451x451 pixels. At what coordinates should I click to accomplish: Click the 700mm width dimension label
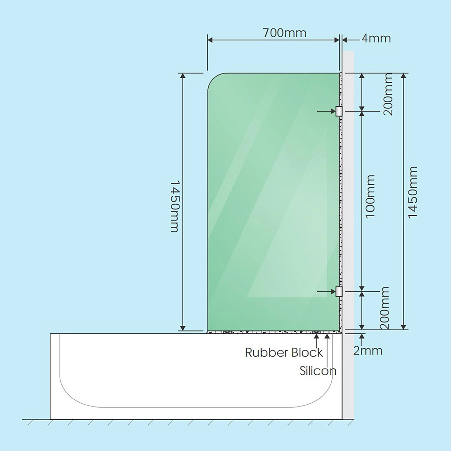[284, 33]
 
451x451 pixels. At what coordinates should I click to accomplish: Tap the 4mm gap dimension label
[376, 38]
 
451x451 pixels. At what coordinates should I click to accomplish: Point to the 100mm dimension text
[370, 197]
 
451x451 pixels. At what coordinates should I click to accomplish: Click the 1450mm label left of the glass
[175, 206]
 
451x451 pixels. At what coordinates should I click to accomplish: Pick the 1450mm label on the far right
[412, 192]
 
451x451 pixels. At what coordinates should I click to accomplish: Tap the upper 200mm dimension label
[388, 94]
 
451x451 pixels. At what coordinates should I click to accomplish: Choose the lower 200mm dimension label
[385, 308]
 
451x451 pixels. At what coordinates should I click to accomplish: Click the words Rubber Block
[284, 352]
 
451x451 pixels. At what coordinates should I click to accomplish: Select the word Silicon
[318, 371]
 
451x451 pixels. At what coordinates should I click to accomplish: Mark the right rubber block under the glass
[317, 332]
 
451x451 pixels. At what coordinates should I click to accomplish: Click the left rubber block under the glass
[227, 332]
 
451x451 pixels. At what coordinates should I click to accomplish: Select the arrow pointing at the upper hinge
[326, 111]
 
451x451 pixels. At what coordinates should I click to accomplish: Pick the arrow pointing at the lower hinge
[326, 292]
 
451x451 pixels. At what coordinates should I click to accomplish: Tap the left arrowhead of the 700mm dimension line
[210, 40]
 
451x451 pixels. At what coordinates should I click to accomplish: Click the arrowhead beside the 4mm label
[345, 40]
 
